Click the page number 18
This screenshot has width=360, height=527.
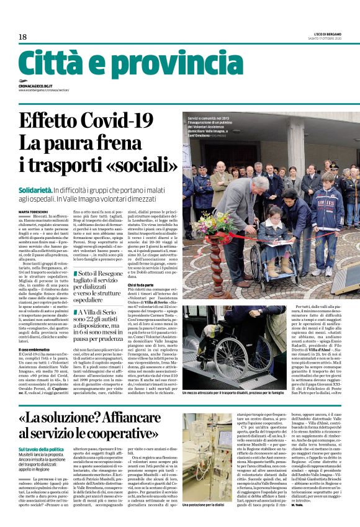23,37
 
